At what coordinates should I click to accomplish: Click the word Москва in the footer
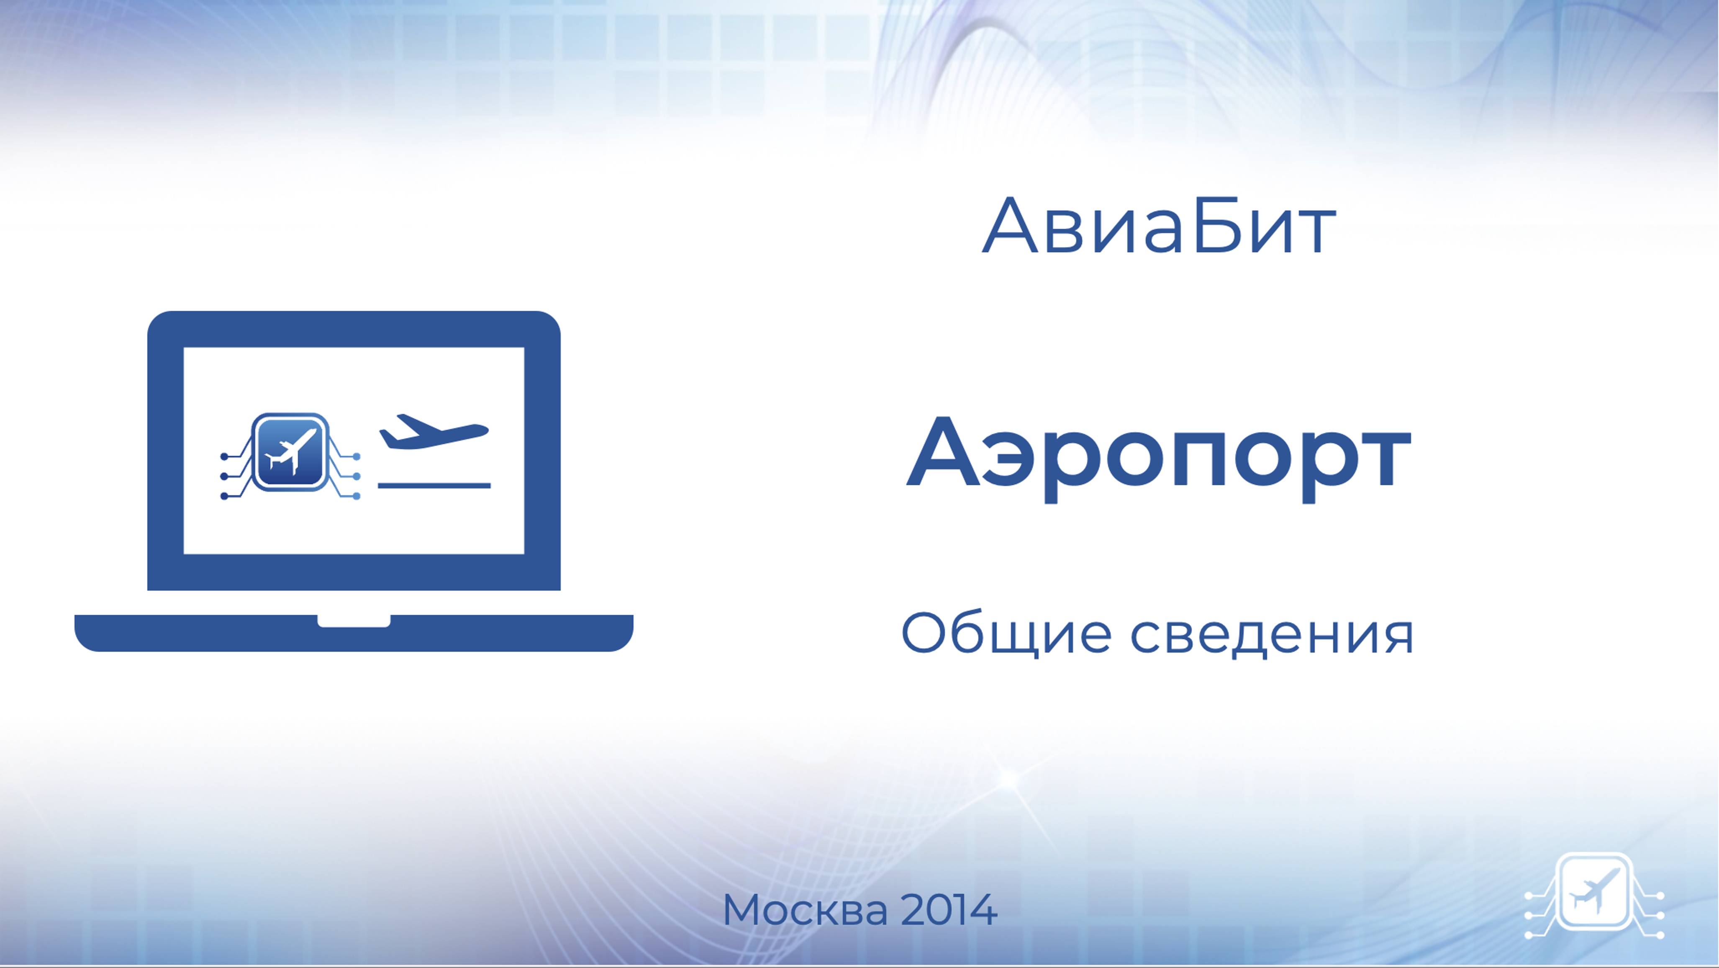805,910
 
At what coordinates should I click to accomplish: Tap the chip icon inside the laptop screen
290,453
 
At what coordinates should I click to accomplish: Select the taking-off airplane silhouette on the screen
434,432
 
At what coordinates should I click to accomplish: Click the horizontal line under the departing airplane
434,485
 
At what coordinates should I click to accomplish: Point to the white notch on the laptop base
354,621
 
